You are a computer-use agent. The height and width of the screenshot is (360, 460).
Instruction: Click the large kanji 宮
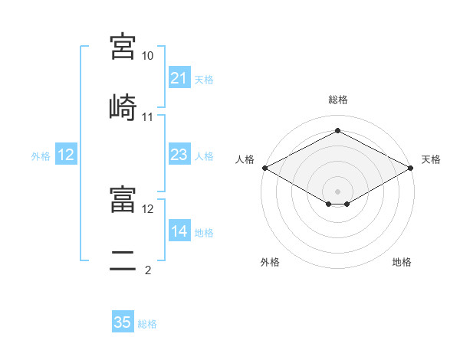point(123,47)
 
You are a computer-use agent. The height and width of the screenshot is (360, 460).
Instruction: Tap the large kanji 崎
point(123,107)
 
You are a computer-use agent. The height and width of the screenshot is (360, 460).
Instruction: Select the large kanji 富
point(123,199)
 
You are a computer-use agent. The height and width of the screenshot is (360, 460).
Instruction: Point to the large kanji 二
point(123,260)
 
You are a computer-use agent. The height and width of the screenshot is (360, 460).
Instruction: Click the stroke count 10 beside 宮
point(147,56)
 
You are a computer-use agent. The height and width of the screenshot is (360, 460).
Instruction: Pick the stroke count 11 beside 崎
point(147,117)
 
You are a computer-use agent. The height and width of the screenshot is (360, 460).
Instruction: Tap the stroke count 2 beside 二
point(148,270)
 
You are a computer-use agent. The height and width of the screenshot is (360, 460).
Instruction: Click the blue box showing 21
point(179,77)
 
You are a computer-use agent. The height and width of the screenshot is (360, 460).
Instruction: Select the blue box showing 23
point(179,154)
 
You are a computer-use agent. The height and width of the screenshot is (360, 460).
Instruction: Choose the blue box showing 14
point(179,230)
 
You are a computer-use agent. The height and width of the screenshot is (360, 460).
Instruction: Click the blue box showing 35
point(123,321)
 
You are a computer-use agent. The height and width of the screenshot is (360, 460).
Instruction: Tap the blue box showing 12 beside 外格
point(66,154)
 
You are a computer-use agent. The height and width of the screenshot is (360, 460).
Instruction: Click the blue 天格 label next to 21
point(204,80)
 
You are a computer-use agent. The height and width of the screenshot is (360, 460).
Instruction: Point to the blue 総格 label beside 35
point(147,324)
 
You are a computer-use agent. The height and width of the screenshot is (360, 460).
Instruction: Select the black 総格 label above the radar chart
point(338,100)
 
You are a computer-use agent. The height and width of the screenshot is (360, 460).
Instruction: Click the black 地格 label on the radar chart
point(402,262)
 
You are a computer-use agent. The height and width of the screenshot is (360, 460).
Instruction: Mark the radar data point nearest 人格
point(265,168)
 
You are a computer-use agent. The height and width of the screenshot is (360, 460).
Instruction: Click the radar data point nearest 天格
point(411,168)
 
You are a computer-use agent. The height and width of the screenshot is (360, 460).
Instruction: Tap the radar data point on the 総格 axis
point(337,130)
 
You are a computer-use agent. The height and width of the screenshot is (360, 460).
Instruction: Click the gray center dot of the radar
point(337,191)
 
